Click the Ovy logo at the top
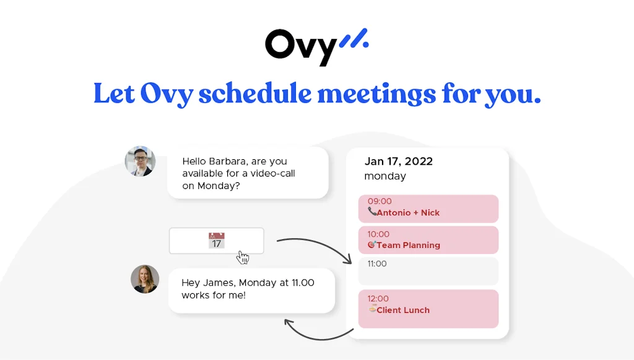click(x=302, y=46)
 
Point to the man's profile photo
click(x=140, y=162)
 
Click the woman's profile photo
click(x=145, y=279)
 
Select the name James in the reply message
click(x=219, y=283)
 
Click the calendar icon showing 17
click(x=216, y=240)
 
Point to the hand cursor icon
click(x=243, y=257)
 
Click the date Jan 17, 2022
click(x=398, y=162)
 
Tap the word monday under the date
click(x=384, y=176)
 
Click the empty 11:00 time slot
click(x=428, y=271)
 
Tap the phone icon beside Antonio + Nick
click(x=372, y=212)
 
